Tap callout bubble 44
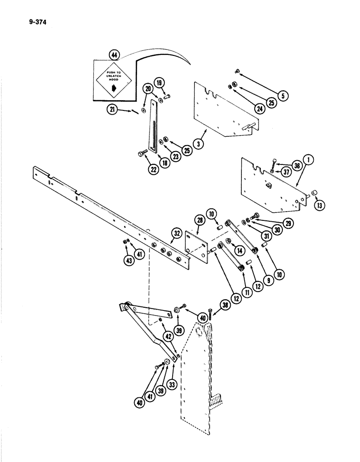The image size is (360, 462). pyautogui.click(x=114, y=55)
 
